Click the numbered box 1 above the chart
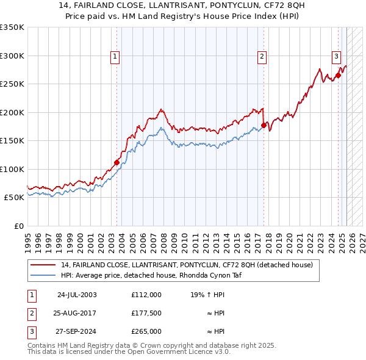pyautogui.click(x=115, y=57)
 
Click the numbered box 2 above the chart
pyautogui.click(x=262, y=57)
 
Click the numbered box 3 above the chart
pyautogui.click(x=336, y=57)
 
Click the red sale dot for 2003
pyautogui.click(x=117, y=162)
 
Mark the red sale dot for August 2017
pyautogui.click(x=264, y=125)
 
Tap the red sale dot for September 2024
pyautogui.click(x=338, y=76)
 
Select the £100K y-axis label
pyautogui.click(x=12, y=169)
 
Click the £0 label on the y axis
pyautogui.click(x=18, y=226)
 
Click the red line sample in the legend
pyautogui.click(x=43, y=265)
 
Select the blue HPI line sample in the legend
pyautogui.click(x=43, y=275)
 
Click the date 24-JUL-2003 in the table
pyautogui.click(x=77, y=294)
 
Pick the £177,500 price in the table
pyautogui.click(x=146, y=313)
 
